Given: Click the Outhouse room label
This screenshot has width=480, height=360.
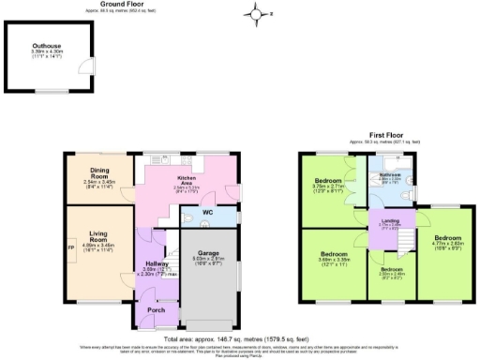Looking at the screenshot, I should click(47, 46).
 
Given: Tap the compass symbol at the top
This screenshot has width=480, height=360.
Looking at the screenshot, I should click(255, 13).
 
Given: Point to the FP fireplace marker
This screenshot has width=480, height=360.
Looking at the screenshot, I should click(71, 248).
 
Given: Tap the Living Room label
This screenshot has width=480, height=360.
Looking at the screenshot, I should click(98, 239).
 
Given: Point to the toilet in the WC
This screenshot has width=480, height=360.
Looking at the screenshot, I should click(189, 218).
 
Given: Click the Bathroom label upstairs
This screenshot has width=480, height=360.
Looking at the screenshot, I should click(389, 175).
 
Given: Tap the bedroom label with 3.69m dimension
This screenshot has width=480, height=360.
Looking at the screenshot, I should click(335, 254).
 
